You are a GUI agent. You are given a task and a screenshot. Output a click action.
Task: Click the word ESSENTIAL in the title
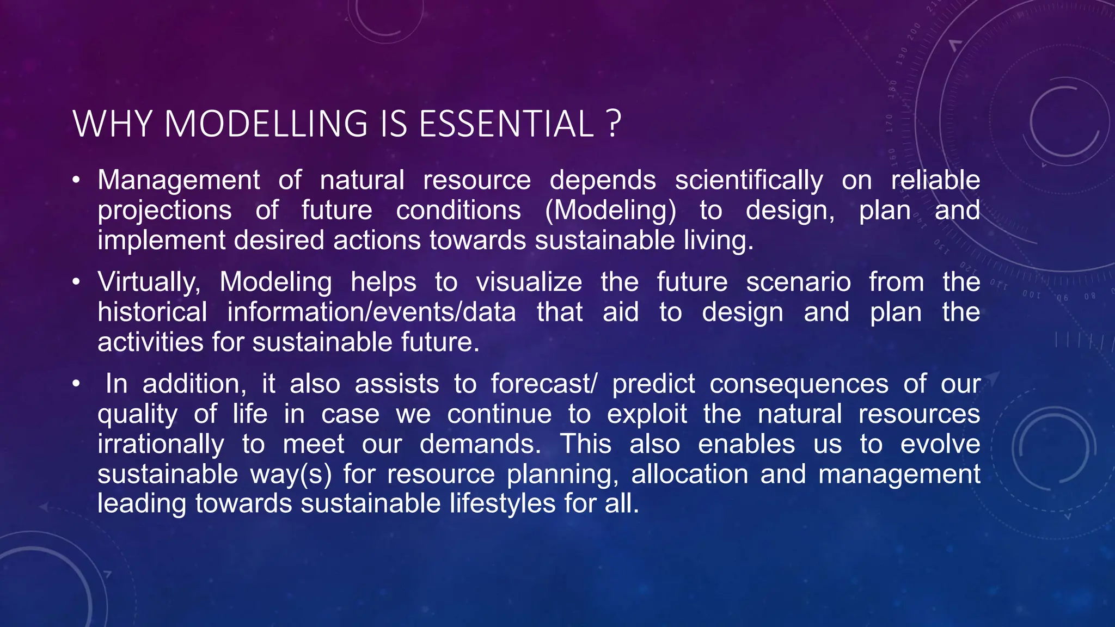[x=506, y=124]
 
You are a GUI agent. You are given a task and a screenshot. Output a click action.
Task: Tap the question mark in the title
[x=612, y=124]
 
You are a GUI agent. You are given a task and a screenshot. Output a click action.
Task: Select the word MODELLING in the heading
[x=266, y=124]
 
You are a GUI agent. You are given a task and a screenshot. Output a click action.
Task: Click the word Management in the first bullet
[x=179, y=181]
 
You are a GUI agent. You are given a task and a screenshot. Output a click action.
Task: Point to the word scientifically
[x=749, y=181]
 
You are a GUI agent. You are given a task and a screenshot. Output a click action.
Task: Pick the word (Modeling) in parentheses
[x=610, y=211]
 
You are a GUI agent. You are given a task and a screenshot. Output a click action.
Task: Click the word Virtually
[x=149, y=282]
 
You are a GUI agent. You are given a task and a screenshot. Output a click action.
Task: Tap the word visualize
[x=529, y=282]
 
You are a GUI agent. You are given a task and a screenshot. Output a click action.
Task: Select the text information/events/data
[x=371, y=312]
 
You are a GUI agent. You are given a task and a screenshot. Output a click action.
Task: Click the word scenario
[x=798, y=282]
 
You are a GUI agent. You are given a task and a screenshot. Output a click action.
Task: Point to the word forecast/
[x=543, y=384]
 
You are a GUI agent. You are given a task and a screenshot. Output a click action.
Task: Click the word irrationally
[x=161, y=444]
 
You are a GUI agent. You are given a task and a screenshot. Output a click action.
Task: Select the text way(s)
[x=291, y=474]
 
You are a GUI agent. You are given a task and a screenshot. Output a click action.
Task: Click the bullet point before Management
[x=76, y=180]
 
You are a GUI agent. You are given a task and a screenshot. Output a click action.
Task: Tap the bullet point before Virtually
[x=76, y=281]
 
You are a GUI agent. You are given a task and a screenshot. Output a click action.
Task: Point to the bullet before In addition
[x=76, y=384]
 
